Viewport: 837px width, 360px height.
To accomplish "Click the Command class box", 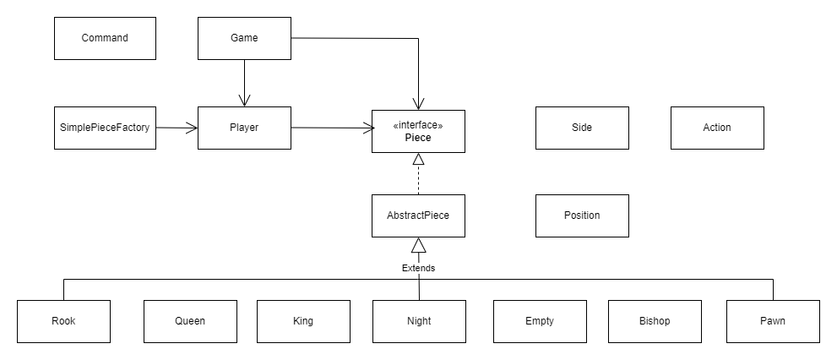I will click(105, 38).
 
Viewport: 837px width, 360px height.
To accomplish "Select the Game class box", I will click(244, 38).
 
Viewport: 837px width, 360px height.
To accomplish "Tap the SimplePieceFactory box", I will click(105, 128).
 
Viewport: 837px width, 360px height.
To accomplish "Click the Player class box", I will click(244, 128).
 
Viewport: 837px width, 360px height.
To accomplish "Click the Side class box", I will click(582, 128).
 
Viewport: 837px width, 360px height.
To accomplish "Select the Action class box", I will click(717, 128).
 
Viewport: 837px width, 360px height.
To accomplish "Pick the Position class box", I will click(582, 215).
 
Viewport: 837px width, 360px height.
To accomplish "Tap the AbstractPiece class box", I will click(418, 215).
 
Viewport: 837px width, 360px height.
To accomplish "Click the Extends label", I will click(418, 268).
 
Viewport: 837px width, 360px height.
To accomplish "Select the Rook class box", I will click(63, 321).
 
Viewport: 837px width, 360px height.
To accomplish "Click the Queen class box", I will click(190, 321).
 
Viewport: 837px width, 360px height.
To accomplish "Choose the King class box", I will click(303, 321).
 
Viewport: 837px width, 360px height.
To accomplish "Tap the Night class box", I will click(418, 321).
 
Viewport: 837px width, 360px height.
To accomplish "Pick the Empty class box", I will click(540, 321).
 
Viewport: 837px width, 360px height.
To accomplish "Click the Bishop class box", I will click(655, 321).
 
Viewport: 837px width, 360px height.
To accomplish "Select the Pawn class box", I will click(773, 321).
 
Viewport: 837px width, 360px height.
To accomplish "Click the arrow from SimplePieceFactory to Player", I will click(177, 128).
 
